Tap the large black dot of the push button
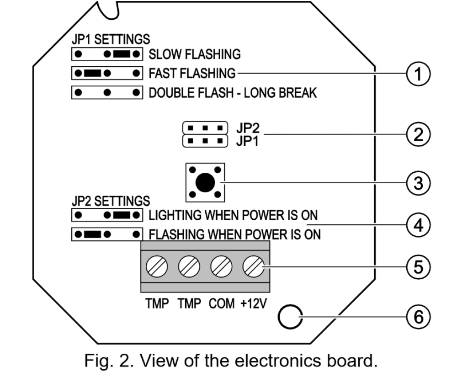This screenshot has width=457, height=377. pos(205,183)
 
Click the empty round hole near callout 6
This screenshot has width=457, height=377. pos(290,317)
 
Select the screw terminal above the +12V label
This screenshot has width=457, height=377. pos(254,266)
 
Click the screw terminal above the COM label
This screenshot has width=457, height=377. pos(221,266)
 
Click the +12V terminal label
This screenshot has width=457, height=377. pos(253,303)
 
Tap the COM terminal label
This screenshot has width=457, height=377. pos(222,303)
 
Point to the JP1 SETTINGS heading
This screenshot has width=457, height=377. pos(111,39)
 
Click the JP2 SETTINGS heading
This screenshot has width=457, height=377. pos(111,201)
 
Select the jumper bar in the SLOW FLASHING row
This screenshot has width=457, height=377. pos(122,54)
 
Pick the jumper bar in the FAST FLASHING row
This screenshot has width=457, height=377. pos(93,73)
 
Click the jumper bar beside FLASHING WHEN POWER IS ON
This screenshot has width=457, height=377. pos(93,234)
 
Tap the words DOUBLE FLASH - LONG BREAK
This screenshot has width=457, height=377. pos(233,93)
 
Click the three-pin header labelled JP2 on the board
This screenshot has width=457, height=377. pos(205,128)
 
